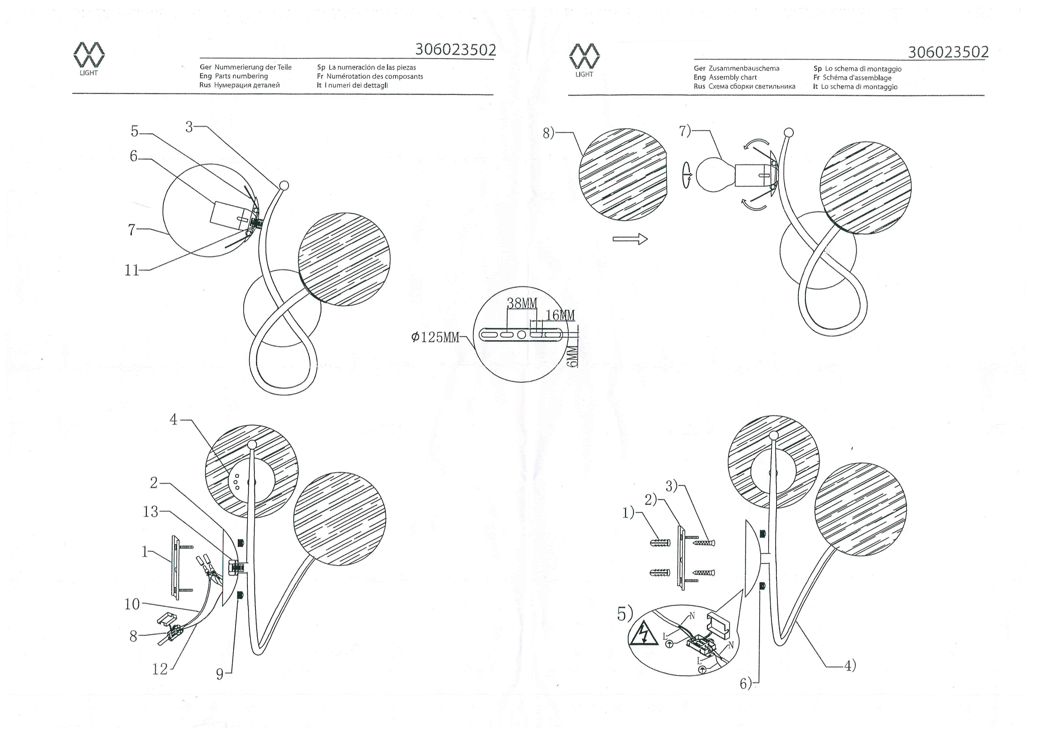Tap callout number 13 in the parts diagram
(151, 512)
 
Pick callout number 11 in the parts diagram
(132, 270)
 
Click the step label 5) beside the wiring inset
(625, 614)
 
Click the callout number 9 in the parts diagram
(220, 674)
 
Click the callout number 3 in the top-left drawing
(189, 127)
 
